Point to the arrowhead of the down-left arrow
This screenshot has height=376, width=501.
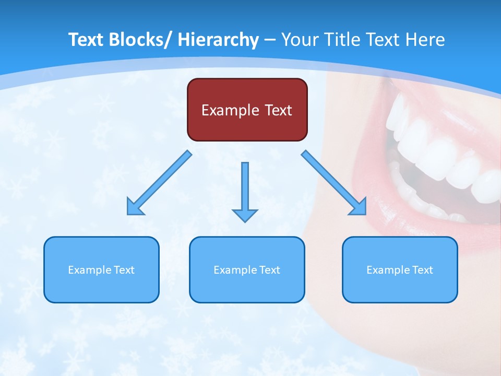[134, 207]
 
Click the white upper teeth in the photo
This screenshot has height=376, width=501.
[433, 151]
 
